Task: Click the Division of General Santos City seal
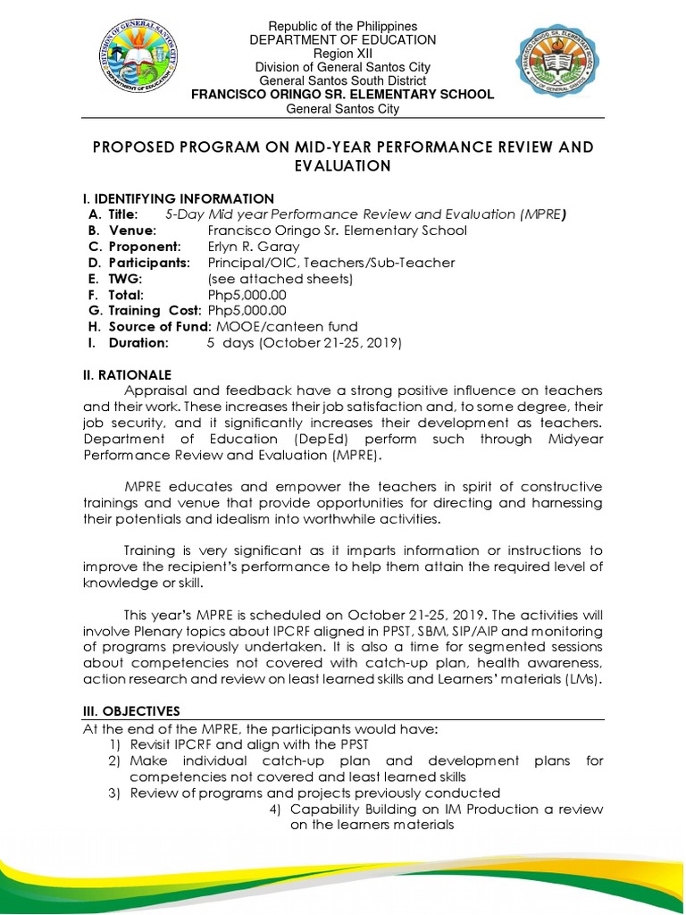[135, 68]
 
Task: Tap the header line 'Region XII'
[342, 54]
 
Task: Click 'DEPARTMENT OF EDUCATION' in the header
[342, 40]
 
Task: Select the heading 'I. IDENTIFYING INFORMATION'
[179, 198]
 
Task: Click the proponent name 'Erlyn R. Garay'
[254, 247]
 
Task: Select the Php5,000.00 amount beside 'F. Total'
[247, 295]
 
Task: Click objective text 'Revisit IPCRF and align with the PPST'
[249, 745]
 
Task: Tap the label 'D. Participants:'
[138, 263]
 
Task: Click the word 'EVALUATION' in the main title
[342, 166]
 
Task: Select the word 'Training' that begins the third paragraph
[152, 550]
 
